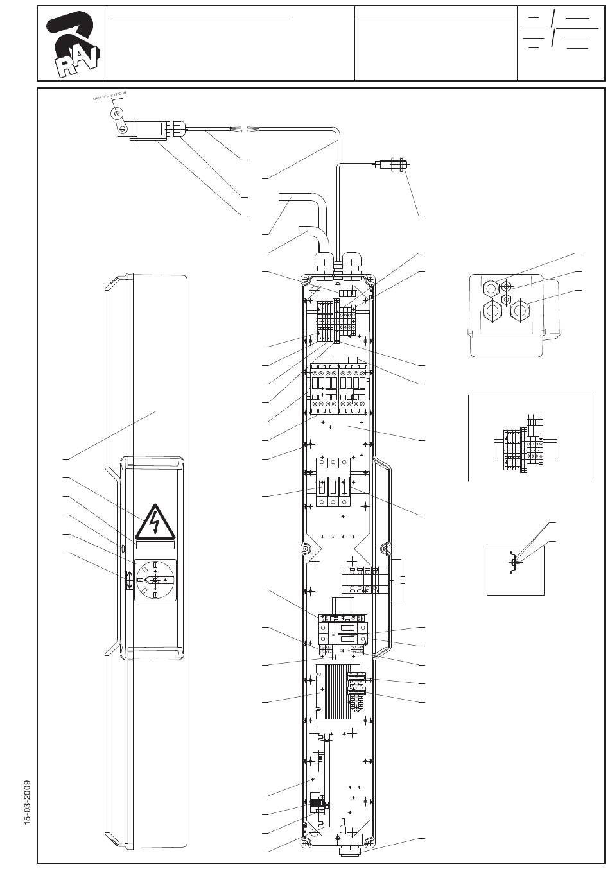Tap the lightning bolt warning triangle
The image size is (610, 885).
(155, 522)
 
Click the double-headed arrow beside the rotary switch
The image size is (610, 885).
(129, 580)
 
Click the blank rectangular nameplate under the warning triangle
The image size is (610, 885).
(155, 545)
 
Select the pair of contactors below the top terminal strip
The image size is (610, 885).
(338, 388)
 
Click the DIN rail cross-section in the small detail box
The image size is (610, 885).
(512, 563)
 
